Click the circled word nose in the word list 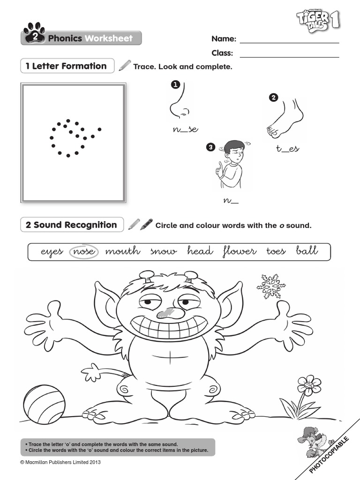click(x=84, y=252)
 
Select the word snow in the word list click(x=164, y=252)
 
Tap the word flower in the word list click(x=239, y=252)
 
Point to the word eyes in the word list click(x=52, y=252)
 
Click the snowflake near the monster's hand click(x=271, y=286)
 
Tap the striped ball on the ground click(x=44, y=405)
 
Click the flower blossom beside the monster click(x=309, y=385)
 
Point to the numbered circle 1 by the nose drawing click(x=175, y=84)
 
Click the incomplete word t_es click(x=287, y=149)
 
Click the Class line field click(x=289, y=53)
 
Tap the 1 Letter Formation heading click(x=67, y=66)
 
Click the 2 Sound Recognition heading click(x=71, y=225)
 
